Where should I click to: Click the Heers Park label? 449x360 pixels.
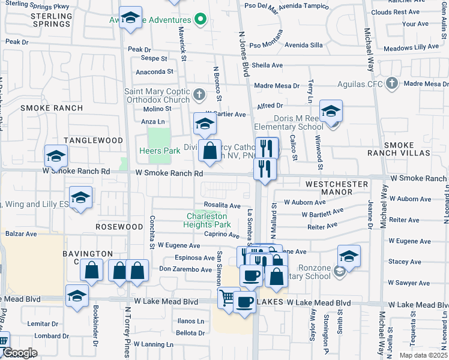coord(160,151)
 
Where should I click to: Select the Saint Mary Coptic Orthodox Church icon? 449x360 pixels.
coord(199,95)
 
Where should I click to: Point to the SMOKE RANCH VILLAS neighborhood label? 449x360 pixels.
coord(407,149)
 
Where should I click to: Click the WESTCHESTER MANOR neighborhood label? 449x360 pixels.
coord(336,188)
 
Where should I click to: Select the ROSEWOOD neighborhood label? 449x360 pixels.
coord(119,227)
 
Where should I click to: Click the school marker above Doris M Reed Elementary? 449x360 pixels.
coord(330,111)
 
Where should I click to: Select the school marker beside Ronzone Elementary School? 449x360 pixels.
coord(349,257)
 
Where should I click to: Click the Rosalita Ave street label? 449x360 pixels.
coord(222,205)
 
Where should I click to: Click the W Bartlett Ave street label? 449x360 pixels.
coord(322,213)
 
